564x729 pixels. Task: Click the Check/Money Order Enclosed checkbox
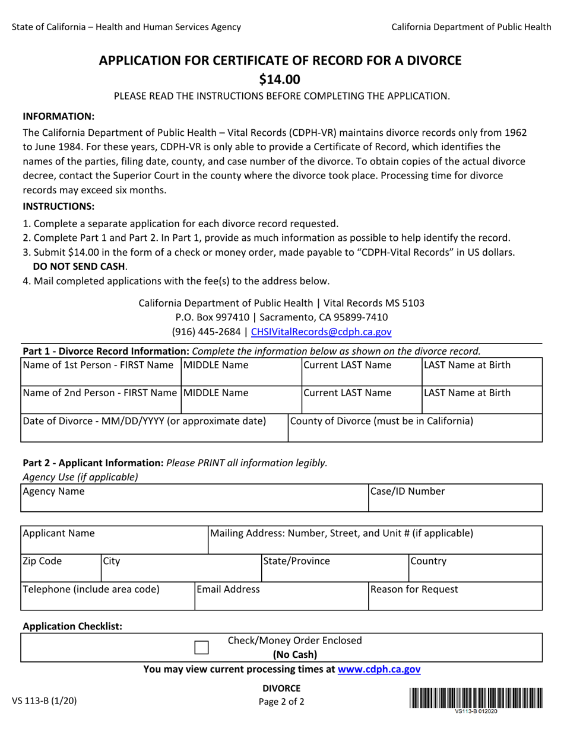pyautogui.click(x=202, y=647)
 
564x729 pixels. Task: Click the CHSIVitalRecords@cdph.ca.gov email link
pyautogui.click(x=321, y=332)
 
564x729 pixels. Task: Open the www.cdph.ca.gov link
pyautogui.click(x=379, y=669)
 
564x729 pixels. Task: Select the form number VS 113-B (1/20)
pyautogui.click(x=44, y=701)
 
